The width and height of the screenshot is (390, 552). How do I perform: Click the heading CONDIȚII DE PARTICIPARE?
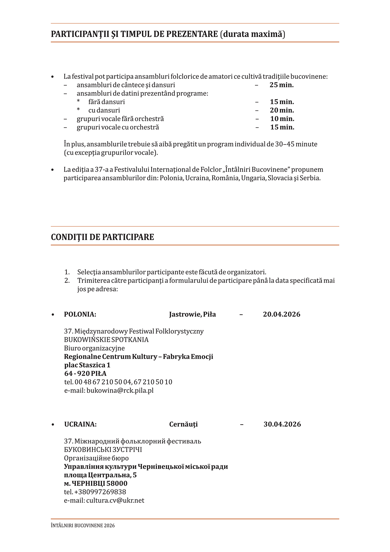coord(102,237)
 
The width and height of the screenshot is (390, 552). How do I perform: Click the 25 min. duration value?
coord(281,85)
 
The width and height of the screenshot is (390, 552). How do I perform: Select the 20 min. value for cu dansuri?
coord(282,110)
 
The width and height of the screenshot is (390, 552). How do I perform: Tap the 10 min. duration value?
coord(282,119)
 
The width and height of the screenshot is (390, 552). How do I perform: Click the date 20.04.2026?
coord(281,314)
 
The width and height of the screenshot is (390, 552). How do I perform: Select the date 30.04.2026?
coord(282,424)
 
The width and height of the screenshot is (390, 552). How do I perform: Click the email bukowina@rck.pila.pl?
coord(120,390)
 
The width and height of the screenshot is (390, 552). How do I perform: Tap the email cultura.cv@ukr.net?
coord(115,500)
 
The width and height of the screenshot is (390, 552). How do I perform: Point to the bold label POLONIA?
coord(80,314)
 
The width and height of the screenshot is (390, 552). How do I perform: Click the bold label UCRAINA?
coord(80,424)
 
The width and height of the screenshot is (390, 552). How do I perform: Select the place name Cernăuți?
coord(183,424)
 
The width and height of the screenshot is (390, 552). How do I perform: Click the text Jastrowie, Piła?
coord(192,314)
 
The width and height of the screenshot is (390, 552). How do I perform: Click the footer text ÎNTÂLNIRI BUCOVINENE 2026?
coord(83,526)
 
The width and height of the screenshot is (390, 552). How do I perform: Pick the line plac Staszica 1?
coord(87,365)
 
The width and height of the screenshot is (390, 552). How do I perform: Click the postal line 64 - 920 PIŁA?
coord(85,374)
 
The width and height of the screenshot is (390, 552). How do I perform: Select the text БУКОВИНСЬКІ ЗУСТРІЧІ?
coord(103,450)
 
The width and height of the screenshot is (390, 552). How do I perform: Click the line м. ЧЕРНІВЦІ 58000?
coord(95,484)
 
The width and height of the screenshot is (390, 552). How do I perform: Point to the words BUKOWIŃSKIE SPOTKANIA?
coord(106,340)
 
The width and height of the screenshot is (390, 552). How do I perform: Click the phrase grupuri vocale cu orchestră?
coord(118,127)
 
